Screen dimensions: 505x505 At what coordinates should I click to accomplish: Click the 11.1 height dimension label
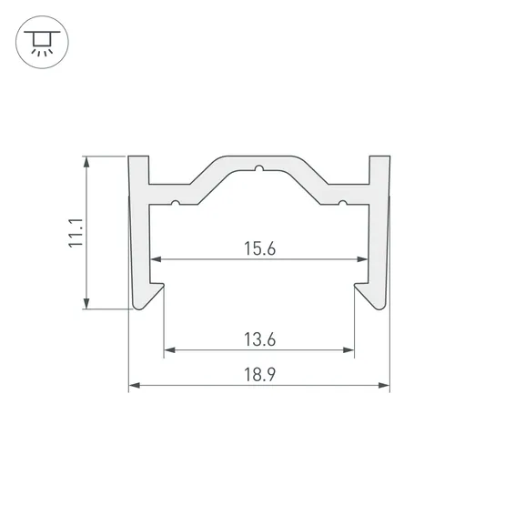coord(76,233)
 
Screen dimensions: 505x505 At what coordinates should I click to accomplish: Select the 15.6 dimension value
coord(259,248)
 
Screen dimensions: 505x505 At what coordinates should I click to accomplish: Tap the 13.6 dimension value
coord(259,339)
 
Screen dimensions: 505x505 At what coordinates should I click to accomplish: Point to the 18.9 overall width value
coord(259,375)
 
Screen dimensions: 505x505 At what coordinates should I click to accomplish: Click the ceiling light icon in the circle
coord(42,42)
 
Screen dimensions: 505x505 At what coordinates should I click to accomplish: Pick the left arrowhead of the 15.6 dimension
coord(156,259)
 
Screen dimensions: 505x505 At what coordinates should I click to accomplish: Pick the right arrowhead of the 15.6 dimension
coord(362,259)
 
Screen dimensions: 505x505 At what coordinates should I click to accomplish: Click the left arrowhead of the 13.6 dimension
coord(170,350)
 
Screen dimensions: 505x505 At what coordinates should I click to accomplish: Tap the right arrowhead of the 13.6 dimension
coord(348,350)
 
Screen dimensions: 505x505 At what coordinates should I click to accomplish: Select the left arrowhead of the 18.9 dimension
coord(135,385)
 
